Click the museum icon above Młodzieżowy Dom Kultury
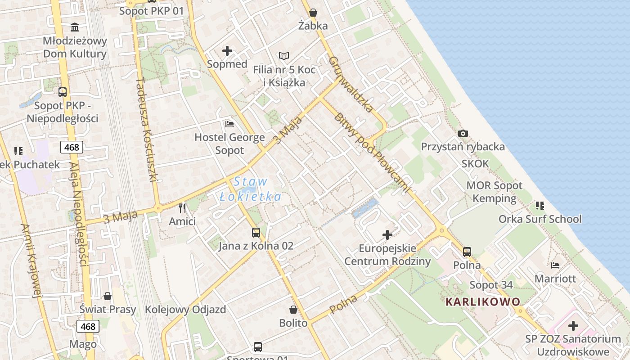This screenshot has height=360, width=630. tap(75, 27)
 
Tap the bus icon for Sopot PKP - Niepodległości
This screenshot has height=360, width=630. tap(63, 92)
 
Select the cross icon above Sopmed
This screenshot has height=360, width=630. tap(227, 51)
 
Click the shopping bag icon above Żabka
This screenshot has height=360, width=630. tap(313, 13)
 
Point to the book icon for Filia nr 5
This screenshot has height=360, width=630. tap(283, 56)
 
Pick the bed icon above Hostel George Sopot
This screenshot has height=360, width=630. tap(229, 124)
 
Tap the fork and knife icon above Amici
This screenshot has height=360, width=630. tap(182, 208)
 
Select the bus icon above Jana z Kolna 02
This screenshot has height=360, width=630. tap(256, 233)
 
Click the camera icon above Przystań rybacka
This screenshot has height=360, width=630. tap(463, 134)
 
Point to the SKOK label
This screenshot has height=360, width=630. tap(475, 164)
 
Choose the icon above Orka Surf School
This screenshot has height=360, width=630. tap(540, 206)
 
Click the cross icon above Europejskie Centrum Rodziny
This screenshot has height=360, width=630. tap(387, 235)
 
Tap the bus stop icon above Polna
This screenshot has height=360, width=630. tap(467, 252)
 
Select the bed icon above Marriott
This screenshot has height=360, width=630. tap(555, 265)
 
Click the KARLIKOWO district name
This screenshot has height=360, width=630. tap(483, 301)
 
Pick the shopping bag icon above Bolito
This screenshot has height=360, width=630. tap(293, 310)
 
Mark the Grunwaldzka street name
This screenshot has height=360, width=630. tap(351, 84)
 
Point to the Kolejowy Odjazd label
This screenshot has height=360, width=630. tap(185, 310)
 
